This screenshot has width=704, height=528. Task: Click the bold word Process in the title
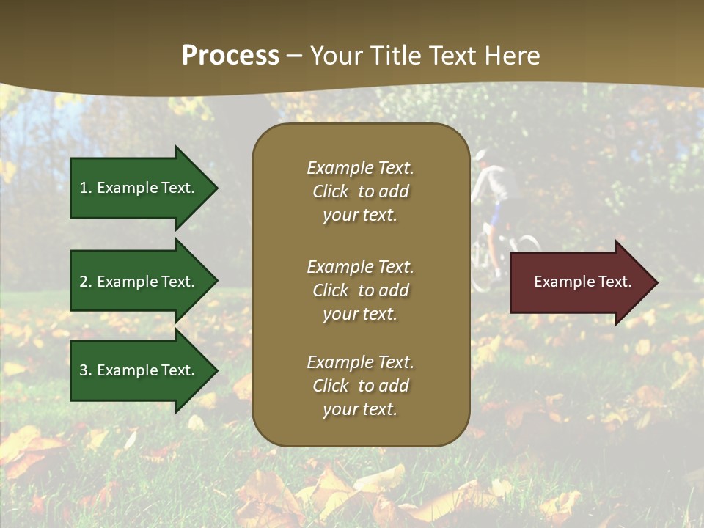coord(230,56)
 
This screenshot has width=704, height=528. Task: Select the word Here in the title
coord(511,56)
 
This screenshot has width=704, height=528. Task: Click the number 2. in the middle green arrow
coord(86,282)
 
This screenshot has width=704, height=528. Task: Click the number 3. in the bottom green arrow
coord(86,370)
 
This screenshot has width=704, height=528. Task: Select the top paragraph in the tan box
coord(360,191)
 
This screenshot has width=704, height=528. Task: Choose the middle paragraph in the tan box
coord(360,290)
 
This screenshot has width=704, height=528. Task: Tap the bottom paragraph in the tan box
coord(360,386)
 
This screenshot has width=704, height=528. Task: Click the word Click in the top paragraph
coord(331,191)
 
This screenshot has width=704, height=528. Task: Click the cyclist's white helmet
coord(480,155)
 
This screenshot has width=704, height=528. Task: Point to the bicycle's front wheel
coord(527,246)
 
